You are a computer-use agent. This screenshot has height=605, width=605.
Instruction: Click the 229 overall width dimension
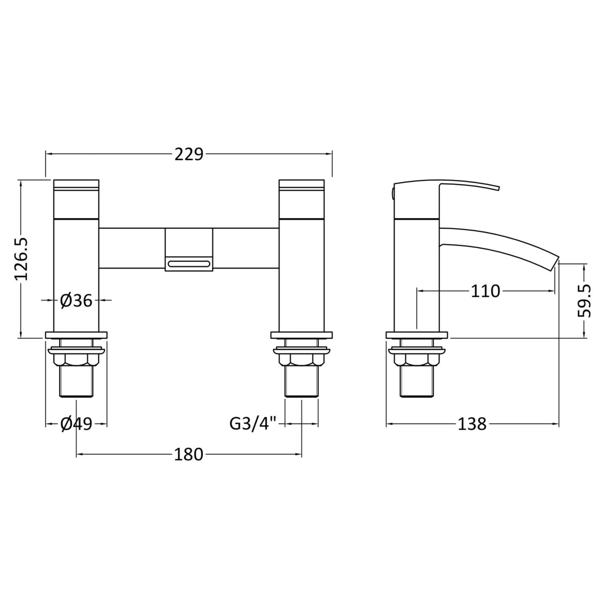189,155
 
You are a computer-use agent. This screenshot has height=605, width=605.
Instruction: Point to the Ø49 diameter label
76,424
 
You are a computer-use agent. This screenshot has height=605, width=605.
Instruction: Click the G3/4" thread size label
253,424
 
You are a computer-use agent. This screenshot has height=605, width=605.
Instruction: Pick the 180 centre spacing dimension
189,454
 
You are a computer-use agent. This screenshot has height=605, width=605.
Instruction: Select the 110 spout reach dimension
485,291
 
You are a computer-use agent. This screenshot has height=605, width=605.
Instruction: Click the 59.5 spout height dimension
585,301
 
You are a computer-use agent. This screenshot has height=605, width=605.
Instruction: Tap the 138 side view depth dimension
472,424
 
